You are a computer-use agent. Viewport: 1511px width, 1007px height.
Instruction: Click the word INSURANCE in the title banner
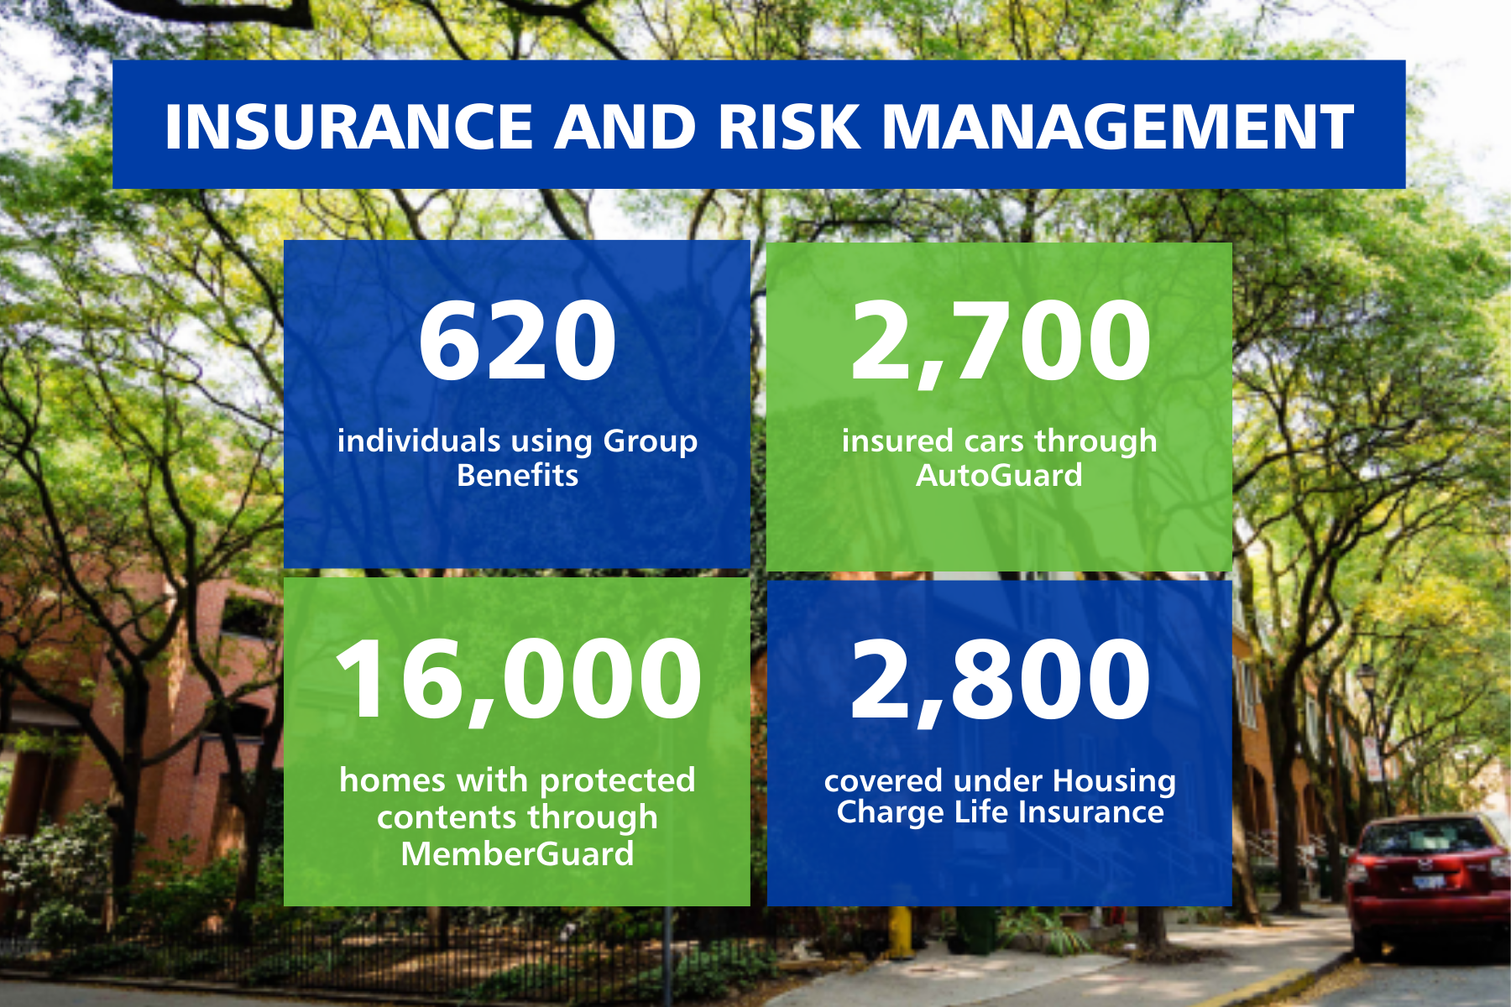coord(348,127)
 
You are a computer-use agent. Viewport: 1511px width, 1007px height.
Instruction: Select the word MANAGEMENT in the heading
coord(1117,127)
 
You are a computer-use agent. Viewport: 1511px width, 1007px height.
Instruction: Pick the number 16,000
coord(517,679)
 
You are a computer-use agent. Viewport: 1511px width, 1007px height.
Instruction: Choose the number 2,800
coord(1000,679)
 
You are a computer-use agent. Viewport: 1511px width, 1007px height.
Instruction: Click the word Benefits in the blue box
coord(517,476)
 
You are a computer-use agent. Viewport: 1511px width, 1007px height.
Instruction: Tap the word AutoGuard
coord(999,476)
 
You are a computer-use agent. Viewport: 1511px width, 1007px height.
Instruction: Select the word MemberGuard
coord(517,854)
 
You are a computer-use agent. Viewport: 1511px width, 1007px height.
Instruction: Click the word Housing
coord(1115,781)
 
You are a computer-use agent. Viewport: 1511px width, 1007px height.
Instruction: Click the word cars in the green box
coord(995,441)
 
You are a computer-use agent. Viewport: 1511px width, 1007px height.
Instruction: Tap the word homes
coord(392,780)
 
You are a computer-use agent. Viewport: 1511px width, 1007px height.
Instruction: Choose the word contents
coord(446,817)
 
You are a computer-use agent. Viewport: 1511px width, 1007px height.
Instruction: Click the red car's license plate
coord(1429,881)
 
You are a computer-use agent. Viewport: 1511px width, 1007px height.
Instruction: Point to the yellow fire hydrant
coord(900,931)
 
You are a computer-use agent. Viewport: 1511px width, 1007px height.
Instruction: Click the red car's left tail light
coord(1358,873)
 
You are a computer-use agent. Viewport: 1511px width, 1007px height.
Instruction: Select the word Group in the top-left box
coord(650,441)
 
